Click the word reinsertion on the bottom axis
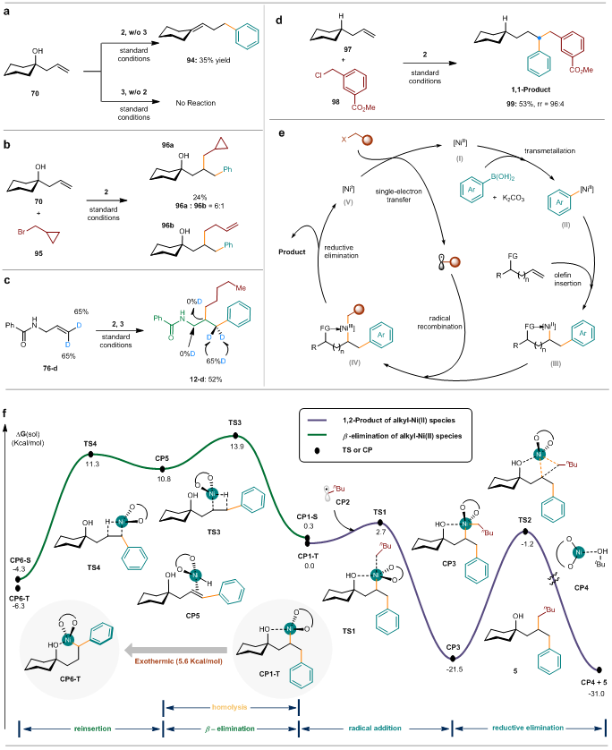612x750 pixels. (x=93, y=729)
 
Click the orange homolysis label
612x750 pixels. (x=231, y=707)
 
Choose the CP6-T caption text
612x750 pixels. (x=66, y=681)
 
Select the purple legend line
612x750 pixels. (x=317, y=420)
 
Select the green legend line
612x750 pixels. (x=317, y=435)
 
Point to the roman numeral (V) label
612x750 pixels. (x=349, y=202)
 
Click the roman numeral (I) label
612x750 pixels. (x=459, y=158)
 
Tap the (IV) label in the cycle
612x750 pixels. (x=353, y=362)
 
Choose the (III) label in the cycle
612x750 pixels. (x=556, y=363)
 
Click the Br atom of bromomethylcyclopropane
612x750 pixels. (x=22, y=232)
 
